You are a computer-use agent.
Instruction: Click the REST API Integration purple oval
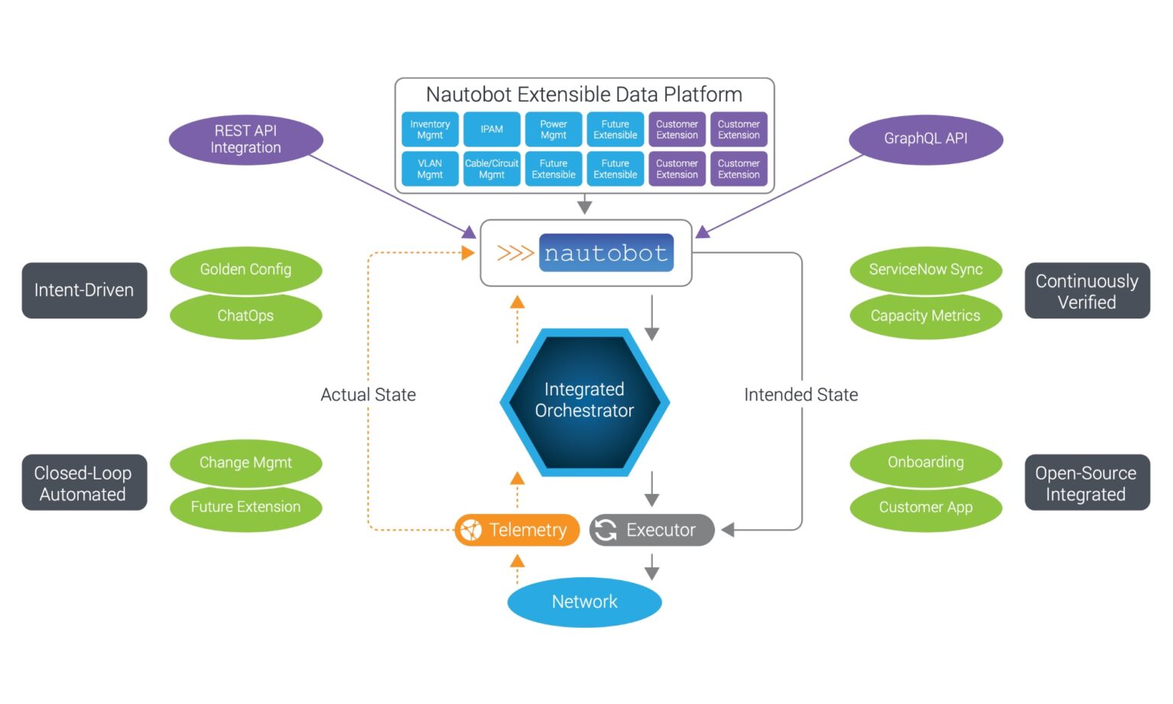pos(246,140)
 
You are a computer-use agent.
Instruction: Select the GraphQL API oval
pos(926,139)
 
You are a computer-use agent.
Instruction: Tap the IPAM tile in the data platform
pos(492,130)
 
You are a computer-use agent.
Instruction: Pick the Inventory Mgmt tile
pos(430,130)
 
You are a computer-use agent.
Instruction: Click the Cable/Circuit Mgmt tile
pos(492,169)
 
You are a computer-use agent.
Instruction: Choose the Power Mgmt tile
pos(554,130)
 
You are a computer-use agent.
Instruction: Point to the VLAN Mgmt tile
pos(430,169)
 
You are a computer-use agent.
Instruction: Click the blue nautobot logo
pos(606,253)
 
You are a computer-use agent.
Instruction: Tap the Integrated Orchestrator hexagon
pos(584,401)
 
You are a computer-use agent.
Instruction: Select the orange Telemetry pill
pos(517,530)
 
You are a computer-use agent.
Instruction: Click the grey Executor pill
pos(651,530)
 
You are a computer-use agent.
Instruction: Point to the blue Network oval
pos(584,602)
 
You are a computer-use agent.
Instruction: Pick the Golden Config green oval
pos(246,270)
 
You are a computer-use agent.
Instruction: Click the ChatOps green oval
pos(246,315)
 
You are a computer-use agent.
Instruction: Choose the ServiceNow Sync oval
pos(926,270)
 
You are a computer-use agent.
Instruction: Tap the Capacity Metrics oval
pos(926,315)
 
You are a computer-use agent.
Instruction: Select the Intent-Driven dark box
pos(84,290)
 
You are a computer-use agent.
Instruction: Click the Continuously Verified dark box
pos(1087,291)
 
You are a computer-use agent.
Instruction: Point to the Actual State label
pos(368,395)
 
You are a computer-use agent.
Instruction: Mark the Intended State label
pos(801,395)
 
